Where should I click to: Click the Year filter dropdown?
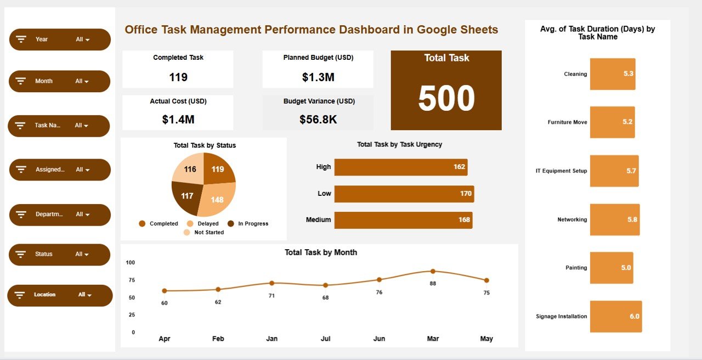click(x=60, y=40)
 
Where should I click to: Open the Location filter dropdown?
click(x=60, y=295)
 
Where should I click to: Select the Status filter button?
click(x=60, y=255)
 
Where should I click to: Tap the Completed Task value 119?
click(x=178, y=77)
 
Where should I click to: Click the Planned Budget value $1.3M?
click(x=318, y=77)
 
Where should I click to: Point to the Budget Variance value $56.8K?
click(x=318, y=119)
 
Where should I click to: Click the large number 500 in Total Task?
click(x=446, y=99)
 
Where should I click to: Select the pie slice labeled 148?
click(x=217, y=199)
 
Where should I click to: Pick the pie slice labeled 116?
click(x=190, y=169)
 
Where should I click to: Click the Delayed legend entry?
click(x=203, y=224)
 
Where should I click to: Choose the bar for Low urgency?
click(x=404, y=194)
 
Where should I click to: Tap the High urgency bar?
click(x=400, y=167)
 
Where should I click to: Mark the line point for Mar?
click(x=433, y=271)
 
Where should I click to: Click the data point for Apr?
click(x=165, y=291)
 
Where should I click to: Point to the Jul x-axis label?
click(x=326, y=339)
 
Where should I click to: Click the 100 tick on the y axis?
click(x=130, y=263)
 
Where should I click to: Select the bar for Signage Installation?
click(x=615, y=317)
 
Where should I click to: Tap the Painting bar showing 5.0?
click(x=611, y=268)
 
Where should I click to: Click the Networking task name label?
click(x=572, y=220)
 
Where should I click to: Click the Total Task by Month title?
click(x=321, y=252)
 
